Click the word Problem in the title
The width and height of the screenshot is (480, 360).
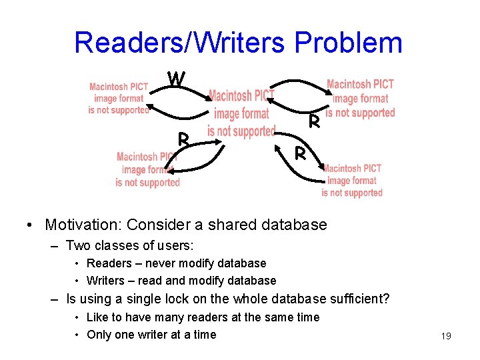click(348, 43)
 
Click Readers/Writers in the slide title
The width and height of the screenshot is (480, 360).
click(181, 43)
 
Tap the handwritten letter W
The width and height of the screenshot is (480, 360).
click(176, 79)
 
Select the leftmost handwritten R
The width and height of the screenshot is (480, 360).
click(185, 140)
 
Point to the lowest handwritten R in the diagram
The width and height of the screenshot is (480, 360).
click(301, 154)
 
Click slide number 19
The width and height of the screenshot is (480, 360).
click(446, 336)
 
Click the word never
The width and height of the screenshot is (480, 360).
click(155, 263)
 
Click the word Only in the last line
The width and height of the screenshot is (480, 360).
click(99, 335)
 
